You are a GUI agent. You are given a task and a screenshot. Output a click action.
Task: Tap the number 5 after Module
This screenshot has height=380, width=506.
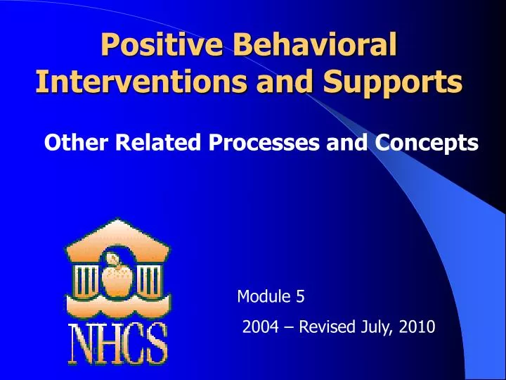(x=300, y=297)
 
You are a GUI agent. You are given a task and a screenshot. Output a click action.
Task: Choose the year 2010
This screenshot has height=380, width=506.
(x=417, y=327)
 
